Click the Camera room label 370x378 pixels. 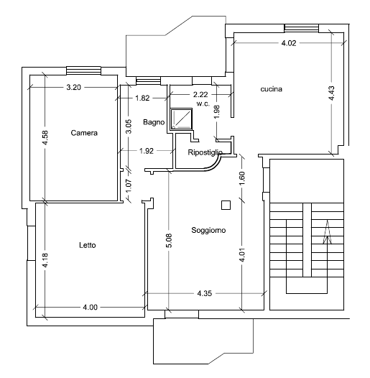[84, 133]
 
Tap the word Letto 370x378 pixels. [88, 245]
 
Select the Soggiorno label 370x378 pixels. [208, 230]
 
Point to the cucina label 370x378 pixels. [271, 89]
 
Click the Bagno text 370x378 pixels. [154, 122]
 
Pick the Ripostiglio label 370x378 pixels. [205, 152]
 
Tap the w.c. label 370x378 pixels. [203, 103]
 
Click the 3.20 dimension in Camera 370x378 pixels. [74, 87]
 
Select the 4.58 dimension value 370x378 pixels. [45, 138]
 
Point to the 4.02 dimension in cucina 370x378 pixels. [289, 43]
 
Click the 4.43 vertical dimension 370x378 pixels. [332, 93]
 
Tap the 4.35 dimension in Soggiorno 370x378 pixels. [205, 293]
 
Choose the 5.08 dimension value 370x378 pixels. [170, 240]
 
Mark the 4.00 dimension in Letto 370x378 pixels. [90, 308]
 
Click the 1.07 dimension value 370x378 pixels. [129, 186]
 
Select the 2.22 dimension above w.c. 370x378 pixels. [200, 95]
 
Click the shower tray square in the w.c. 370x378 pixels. [181, 119]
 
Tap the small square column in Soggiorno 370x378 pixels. [226, 205]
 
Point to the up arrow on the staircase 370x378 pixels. [328, 232]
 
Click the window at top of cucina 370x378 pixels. [302, 28]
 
